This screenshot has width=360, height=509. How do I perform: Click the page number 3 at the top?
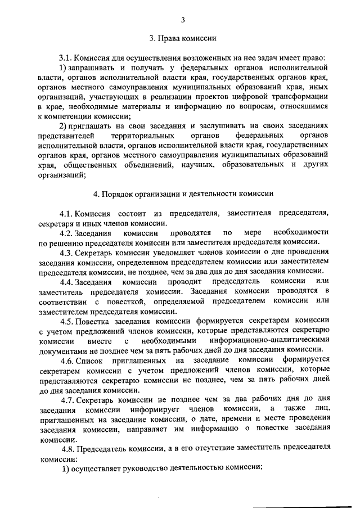[183, 21]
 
